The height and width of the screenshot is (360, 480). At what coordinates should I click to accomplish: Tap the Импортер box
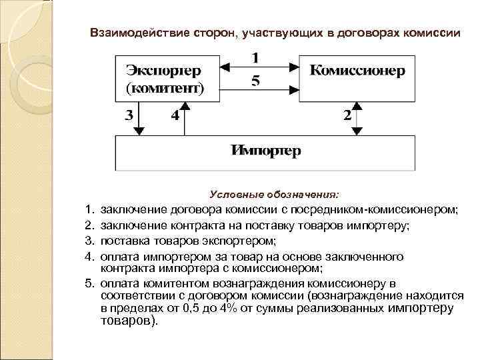(x=265, y=151)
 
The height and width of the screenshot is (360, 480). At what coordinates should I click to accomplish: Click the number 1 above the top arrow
(x=255, y=57)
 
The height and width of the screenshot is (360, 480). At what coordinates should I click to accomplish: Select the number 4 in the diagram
(x=174, y=115)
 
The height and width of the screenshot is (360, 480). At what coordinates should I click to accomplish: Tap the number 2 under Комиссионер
(x=347, y=115)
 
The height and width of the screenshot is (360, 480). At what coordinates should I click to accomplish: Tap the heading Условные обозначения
(x=274, y=195)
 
